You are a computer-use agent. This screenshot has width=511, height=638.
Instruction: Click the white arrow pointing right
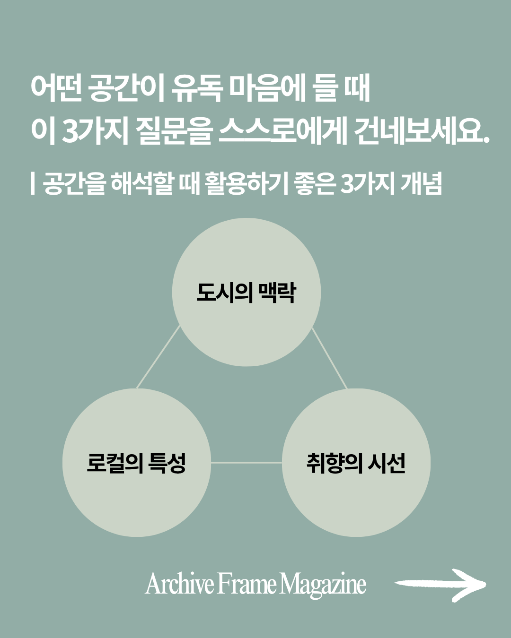pos(440,585)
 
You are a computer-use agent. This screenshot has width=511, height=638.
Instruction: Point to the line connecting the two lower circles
pos(246,463)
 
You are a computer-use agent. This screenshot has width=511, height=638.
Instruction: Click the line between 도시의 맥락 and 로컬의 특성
pos(159,357)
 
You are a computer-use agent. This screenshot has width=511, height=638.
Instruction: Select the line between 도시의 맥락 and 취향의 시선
pos(329,358)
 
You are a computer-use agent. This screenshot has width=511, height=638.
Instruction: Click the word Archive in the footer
pos(180,584)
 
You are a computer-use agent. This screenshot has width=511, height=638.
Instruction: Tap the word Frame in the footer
pos(247,584)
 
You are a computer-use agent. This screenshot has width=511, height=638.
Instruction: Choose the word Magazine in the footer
pos(323,585)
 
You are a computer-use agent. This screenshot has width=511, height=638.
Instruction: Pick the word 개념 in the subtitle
pos(421,183)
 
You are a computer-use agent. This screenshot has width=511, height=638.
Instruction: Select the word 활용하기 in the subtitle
pos(246,183)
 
